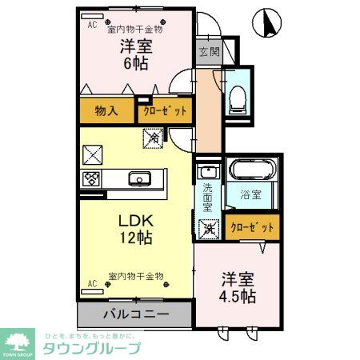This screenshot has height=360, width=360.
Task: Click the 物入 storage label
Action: point(106,111)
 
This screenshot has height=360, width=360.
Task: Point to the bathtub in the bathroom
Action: point(250,170)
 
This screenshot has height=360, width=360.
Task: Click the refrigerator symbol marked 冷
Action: point(151,138)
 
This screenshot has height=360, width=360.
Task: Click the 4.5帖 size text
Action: point(238,297)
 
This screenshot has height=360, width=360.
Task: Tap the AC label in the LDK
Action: point(91,283)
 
